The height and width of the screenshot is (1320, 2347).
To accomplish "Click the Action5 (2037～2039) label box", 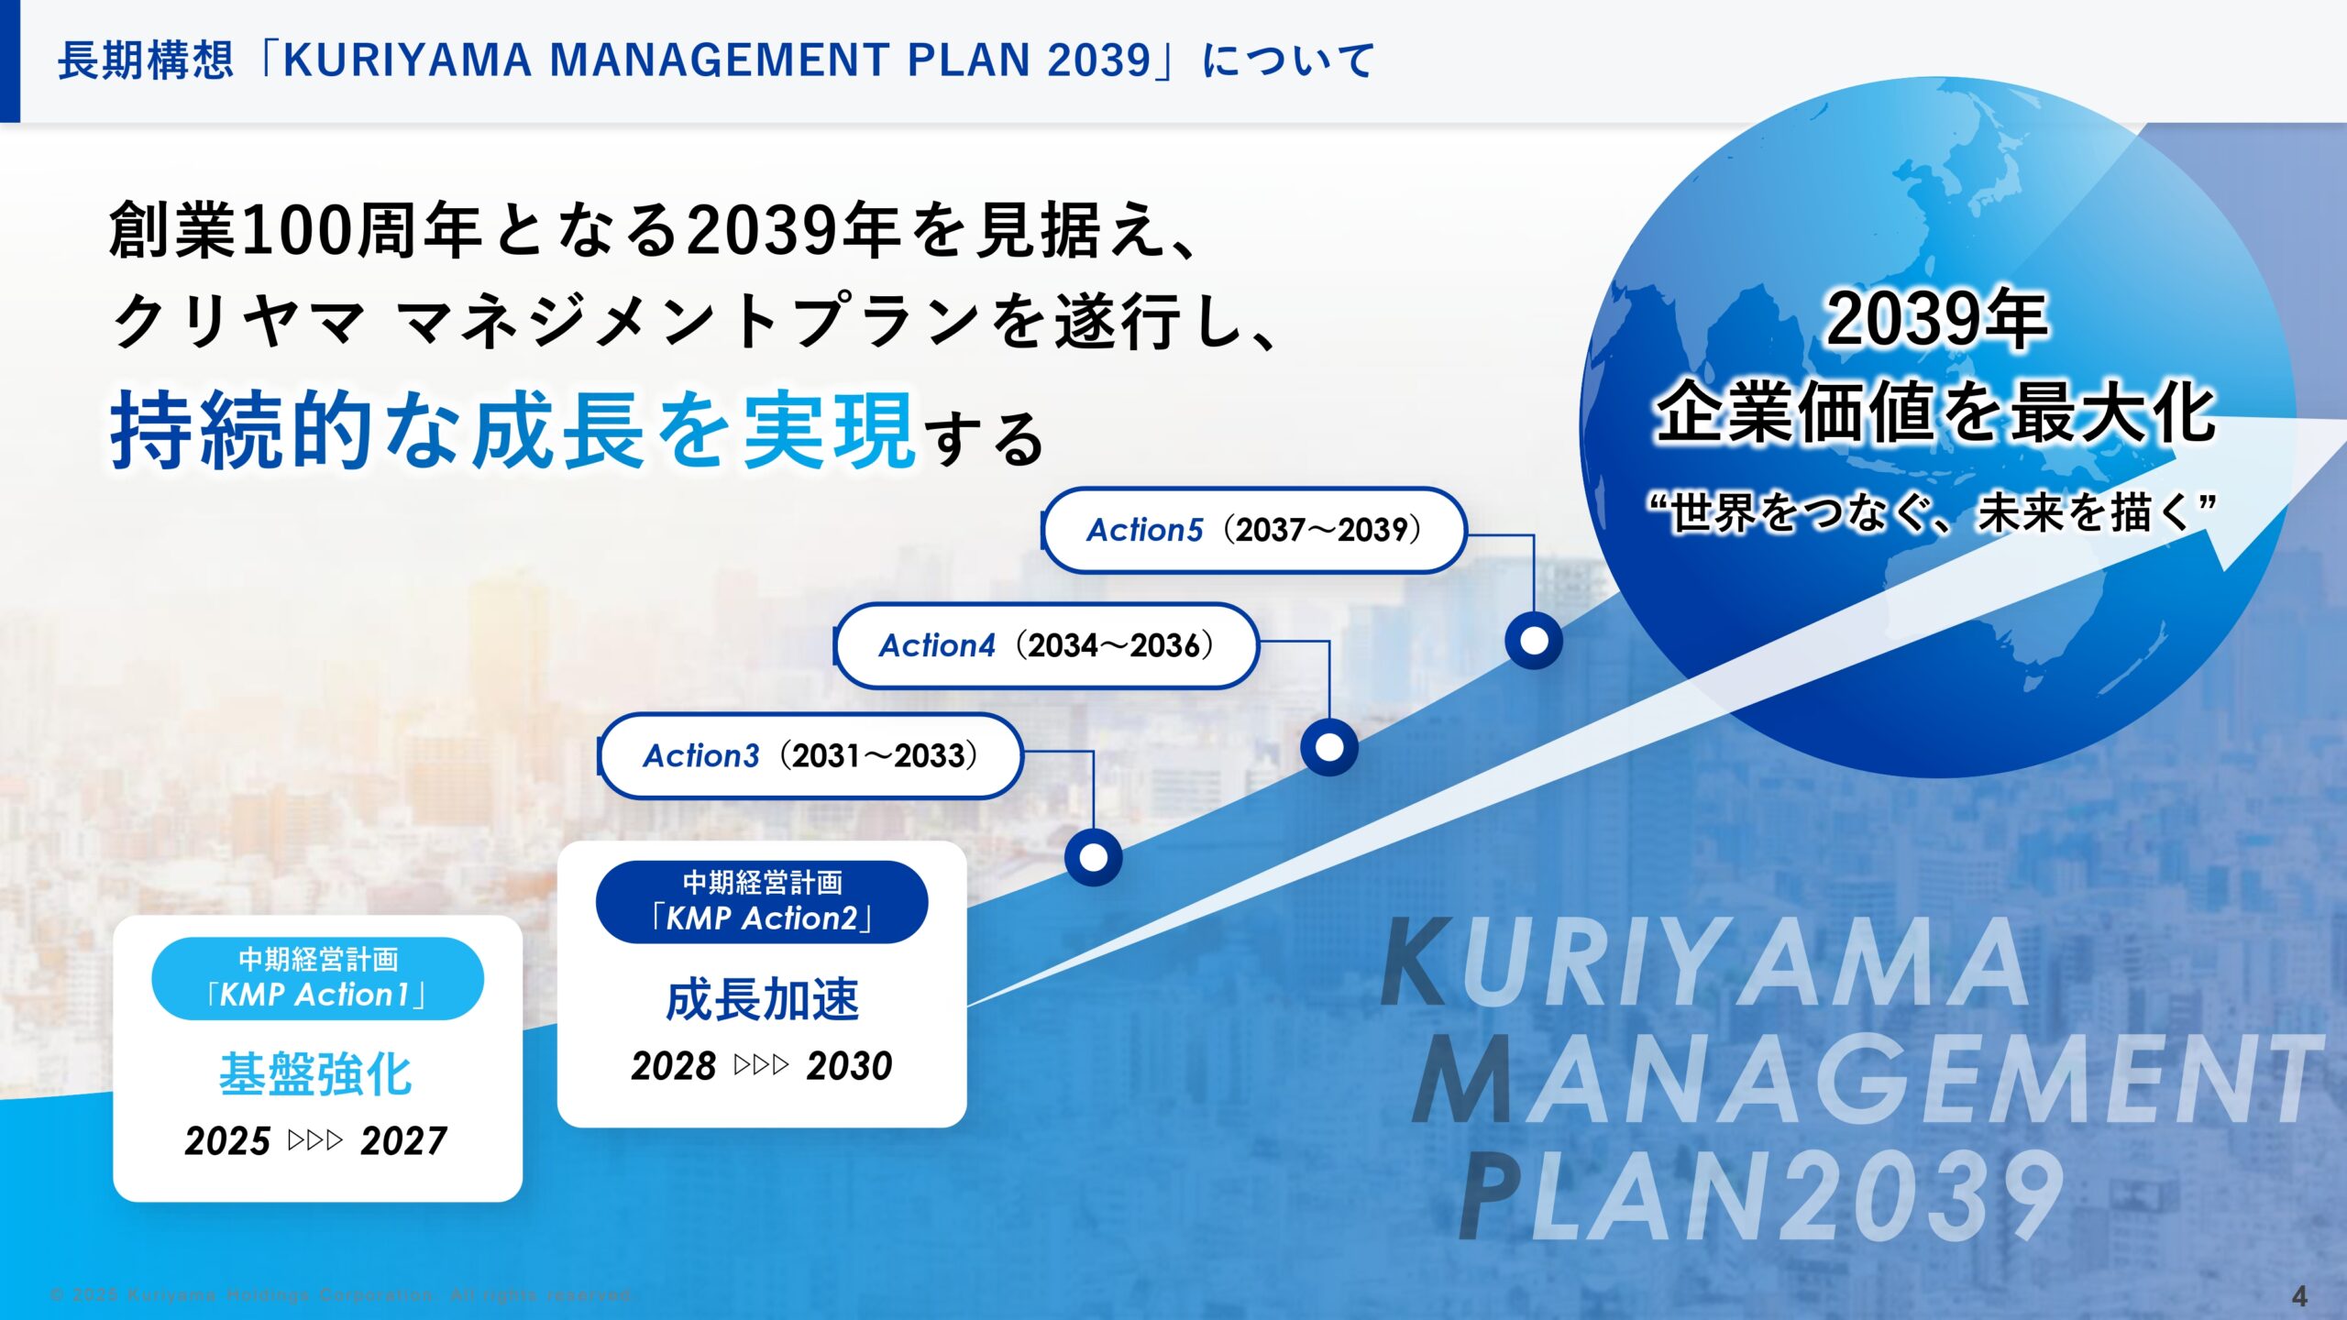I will [x=1254, y=530].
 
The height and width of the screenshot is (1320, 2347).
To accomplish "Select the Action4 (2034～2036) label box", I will [x=1046, y=645].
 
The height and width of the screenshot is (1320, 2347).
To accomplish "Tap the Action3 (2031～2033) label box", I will [x=810, y=756].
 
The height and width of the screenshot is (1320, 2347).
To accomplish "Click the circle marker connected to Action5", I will [x=1534, y=641].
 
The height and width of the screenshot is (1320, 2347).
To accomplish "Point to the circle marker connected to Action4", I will [x=1329, y=747].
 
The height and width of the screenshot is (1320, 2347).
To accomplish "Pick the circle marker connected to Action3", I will [x=1094, y=857].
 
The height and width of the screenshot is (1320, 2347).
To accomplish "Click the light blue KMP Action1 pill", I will [x=317, y=978].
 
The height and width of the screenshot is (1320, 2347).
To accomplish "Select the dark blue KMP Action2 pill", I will [x=762, y=901].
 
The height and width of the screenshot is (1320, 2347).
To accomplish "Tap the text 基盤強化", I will [x=316, y=1074].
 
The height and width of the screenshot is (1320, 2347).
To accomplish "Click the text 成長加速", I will [x=762, y=999].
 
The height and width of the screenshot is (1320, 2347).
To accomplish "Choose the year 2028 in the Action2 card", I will [x=674, y=1066].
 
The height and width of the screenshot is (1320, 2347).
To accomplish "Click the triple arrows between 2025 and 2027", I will [x=315, y=1141].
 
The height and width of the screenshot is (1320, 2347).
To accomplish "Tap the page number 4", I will [x=2299, y=1296].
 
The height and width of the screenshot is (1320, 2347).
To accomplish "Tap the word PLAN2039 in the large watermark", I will [x=1760, y=1196].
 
